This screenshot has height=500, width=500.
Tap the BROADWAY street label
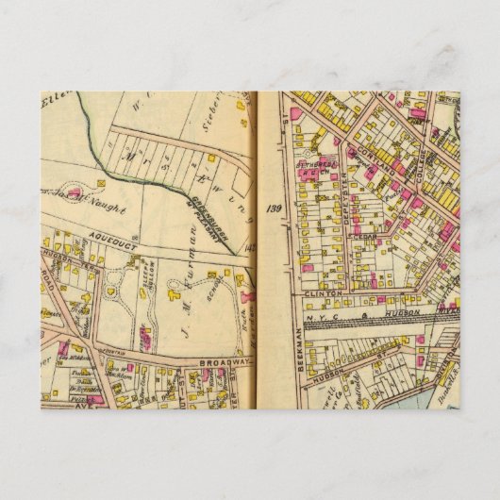point(224,361)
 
